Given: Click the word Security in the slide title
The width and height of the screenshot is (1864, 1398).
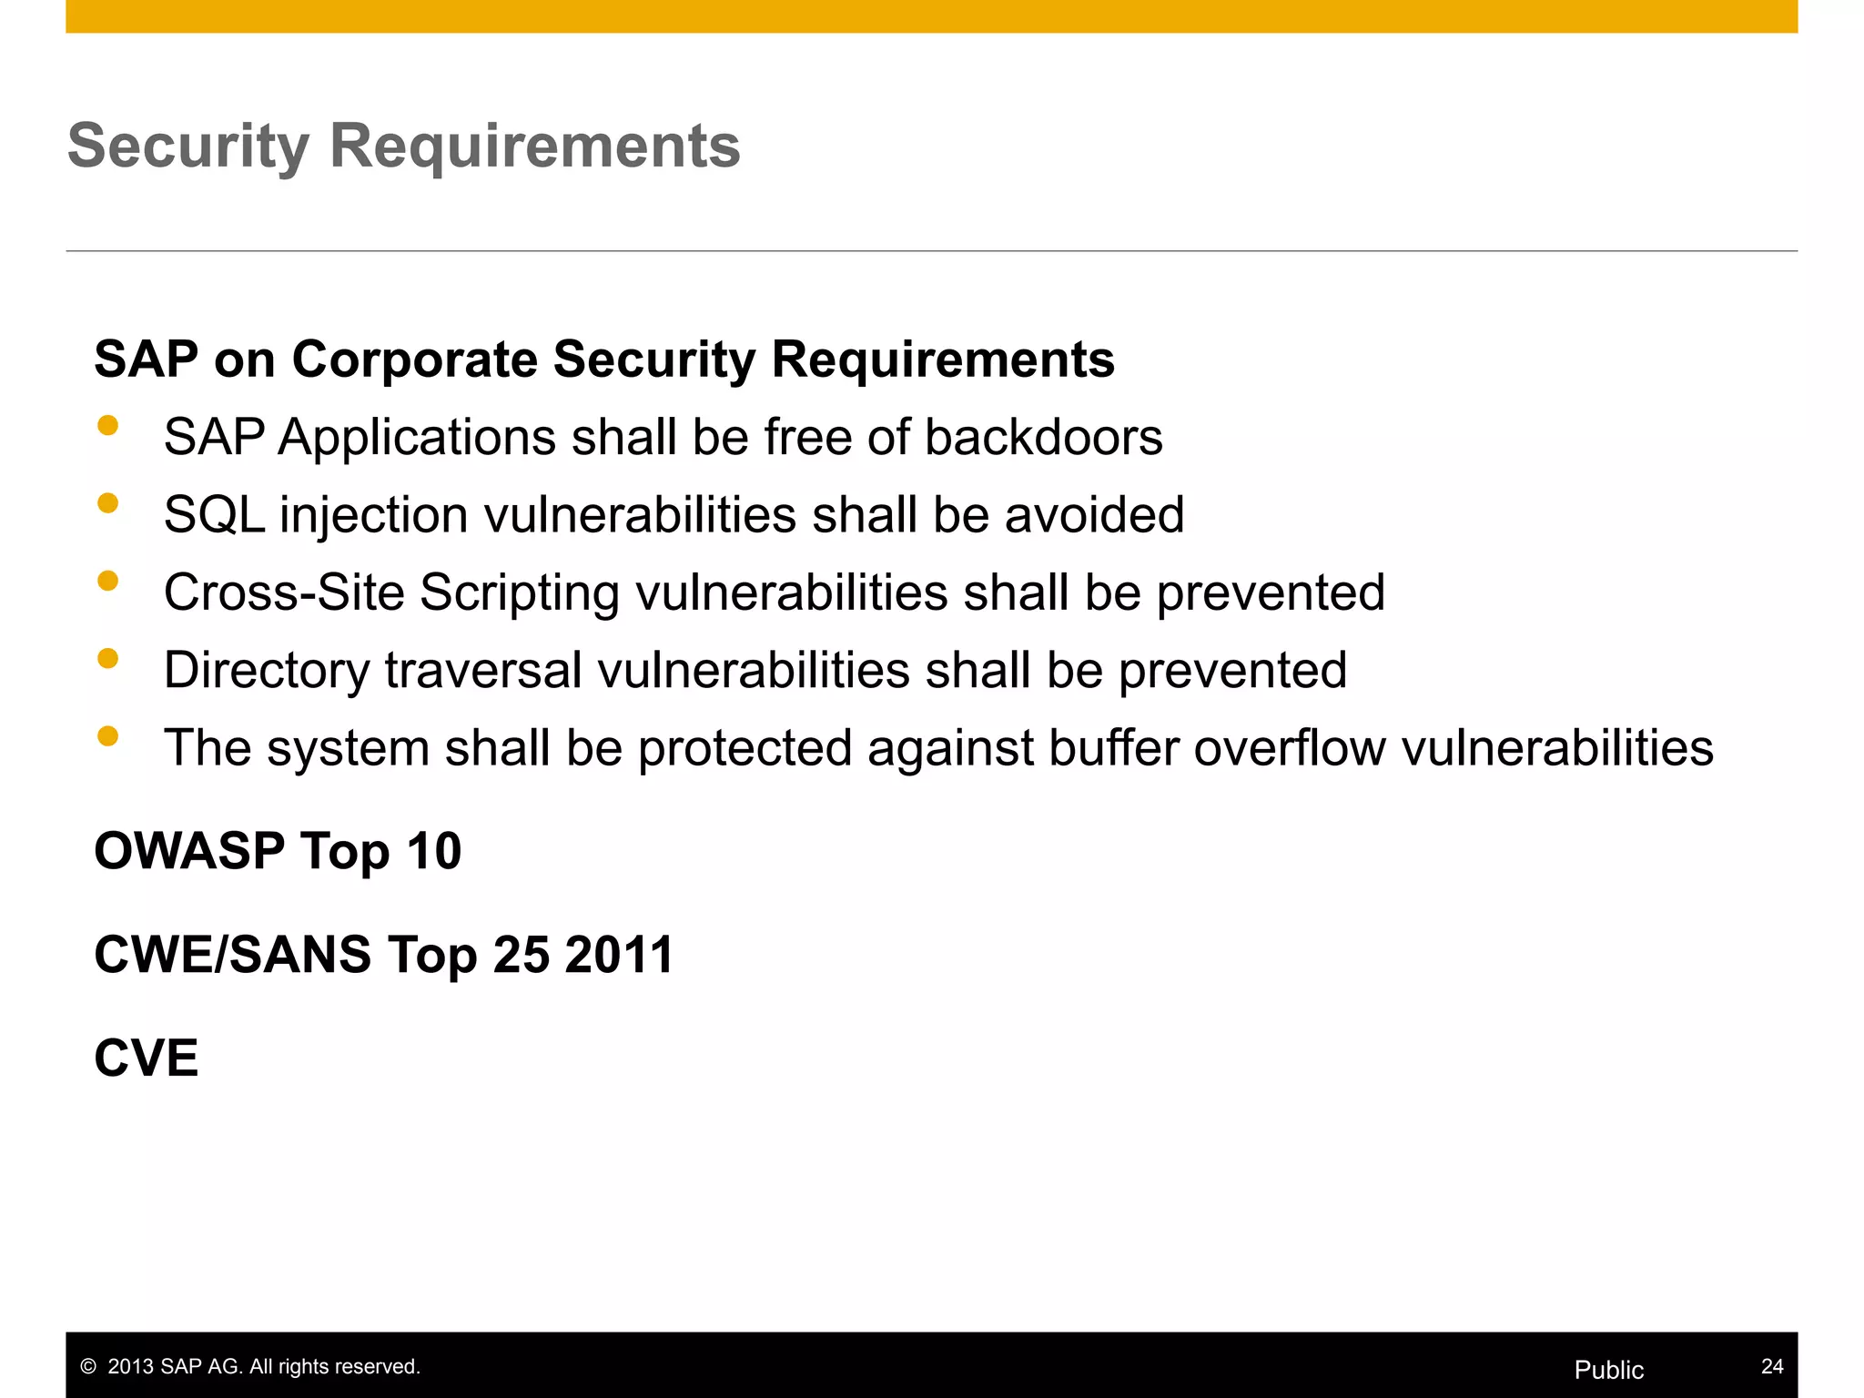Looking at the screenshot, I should (x=188, y=147).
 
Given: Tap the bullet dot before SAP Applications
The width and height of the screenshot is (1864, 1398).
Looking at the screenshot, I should (x=108, y=426).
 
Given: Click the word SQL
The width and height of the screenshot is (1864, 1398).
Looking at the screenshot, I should (x=214, y=515).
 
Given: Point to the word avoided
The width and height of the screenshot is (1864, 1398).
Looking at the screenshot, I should (x=1094, y=515).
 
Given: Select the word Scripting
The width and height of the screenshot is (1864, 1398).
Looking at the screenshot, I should (x=519, y=593).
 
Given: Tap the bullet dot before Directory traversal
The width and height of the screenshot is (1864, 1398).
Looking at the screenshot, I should (x=108, y=658).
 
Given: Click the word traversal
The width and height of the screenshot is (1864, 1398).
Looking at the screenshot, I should (x=483, y=671).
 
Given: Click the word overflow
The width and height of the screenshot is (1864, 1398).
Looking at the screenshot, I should (x=1290, y=748).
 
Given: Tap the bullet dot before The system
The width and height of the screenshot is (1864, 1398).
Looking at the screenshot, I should (x=108, y=735).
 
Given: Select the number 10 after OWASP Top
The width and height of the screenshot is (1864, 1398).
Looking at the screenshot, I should (x=434, y=852).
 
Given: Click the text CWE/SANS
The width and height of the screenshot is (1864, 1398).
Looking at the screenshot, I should (x=233, y=956).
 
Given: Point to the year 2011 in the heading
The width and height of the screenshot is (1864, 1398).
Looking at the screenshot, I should (x=619, y=956).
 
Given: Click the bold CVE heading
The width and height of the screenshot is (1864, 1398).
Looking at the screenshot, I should (x=147, y=1059).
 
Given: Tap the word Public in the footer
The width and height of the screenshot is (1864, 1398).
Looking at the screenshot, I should (x=1608, y=1370).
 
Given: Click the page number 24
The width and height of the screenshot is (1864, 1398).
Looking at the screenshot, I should (x=1771, y=1366).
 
